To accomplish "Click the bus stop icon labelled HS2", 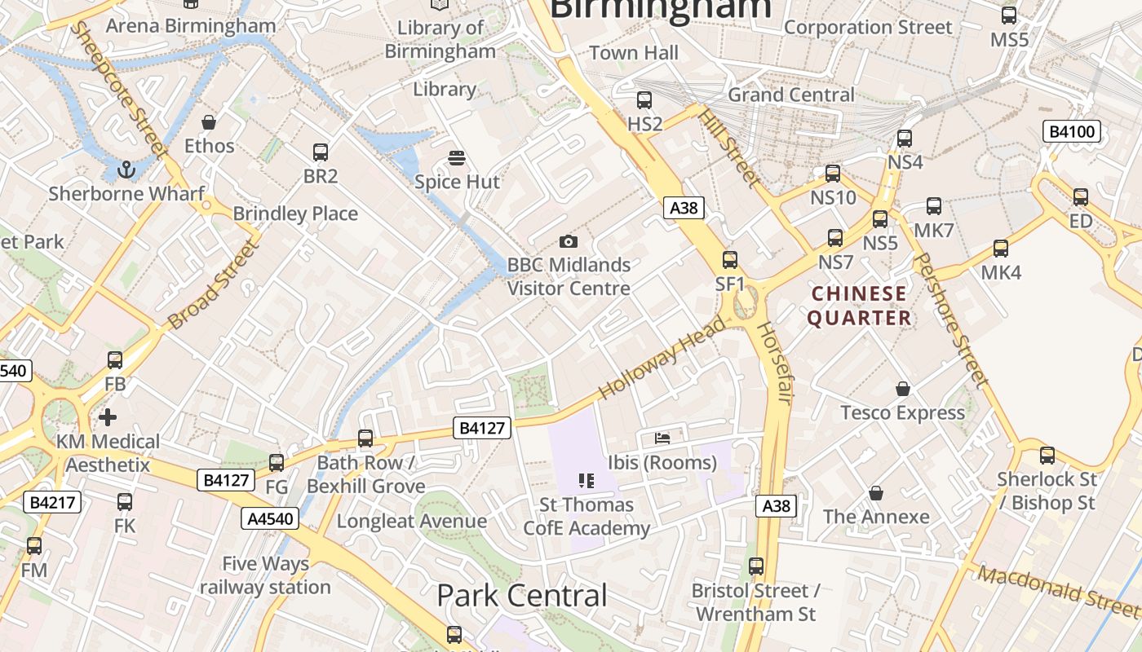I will pos(644,100).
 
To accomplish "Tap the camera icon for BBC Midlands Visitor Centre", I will pos(569,241).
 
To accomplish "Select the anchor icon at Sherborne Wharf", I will pos(126,170).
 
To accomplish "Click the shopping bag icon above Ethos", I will pos(209,122).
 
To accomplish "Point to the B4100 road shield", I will pos(1072,131).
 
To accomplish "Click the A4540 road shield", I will pos(270,518).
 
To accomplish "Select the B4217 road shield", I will pos(53,502).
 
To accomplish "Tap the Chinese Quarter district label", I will pos(858,306).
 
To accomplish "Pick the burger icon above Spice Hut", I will pos(457,157).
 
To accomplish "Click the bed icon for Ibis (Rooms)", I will pos(662,438).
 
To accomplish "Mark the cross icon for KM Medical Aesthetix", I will pos(108,418).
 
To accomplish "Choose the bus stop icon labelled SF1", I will pos(730,260).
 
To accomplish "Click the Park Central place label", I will pos(522,596).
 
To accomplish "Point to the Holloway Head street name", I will pos(662,358).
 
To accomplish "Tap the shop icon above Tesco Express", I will pos(902,389).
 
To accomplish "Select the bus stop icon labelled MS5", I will pos(1009,15).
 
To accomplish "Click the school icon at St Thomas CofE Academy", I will pos(586,481).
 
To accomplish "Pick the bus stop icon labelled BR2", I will pos(321,152).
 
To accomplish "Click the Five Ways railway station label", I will pos(266,575).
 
